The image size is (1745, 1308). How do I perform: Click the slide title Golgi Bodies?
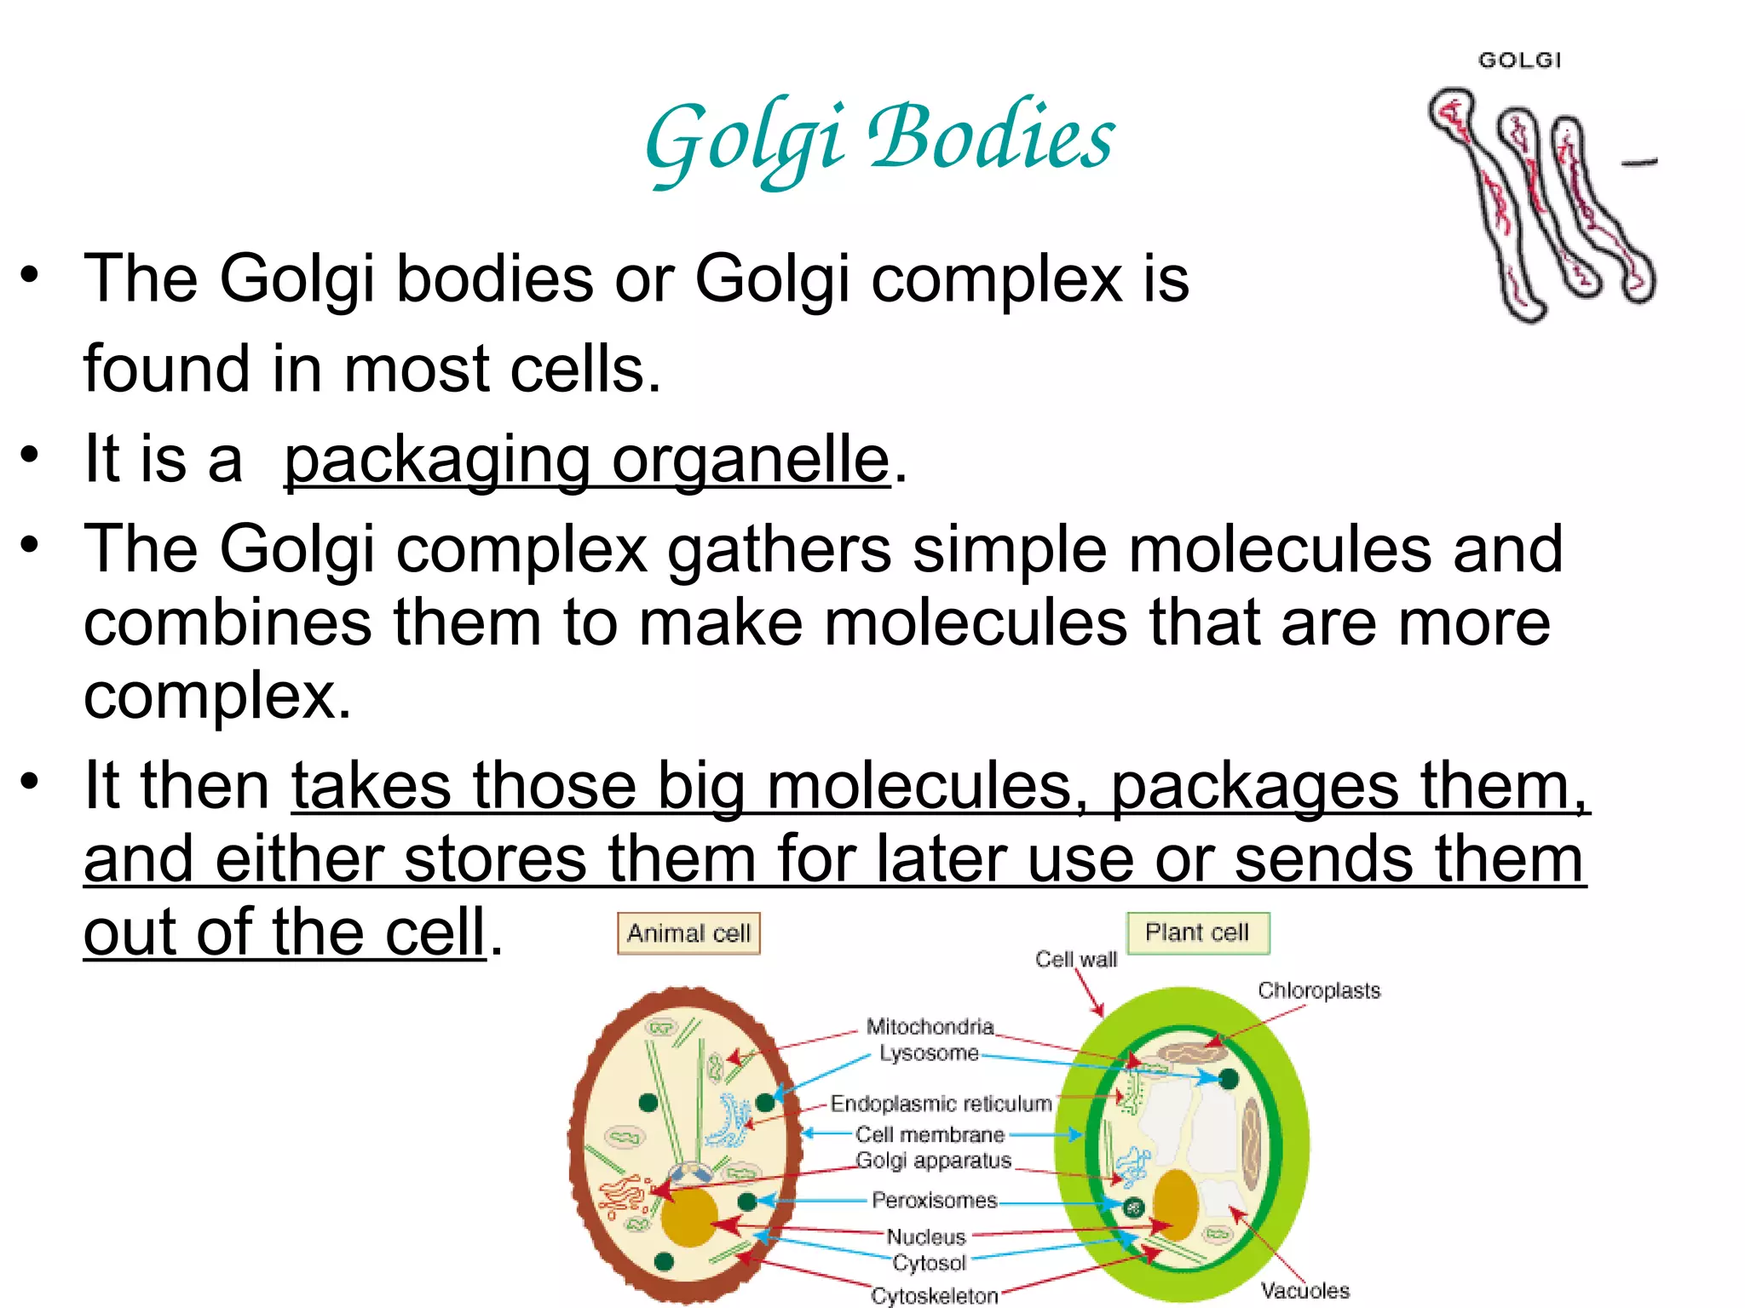[x=879, y=139]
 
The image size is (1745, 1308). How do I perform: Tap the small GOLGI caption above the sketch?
[x=1519, y=60]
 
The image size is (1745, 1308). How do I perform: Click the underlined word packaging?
[x=436, y=460]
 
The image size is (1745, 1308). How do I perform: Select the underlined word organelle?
[x=751, y=460]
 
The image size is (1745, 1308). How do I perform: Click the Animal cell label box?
[x=688, y=933]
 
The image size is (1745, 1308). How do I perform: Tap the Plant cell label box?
[x=1197, y=932]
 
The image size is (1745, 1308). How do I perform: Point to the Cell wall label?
[x=1075, y=960]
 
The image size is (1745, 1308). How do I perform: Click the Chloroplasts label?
[x=1318, y=990]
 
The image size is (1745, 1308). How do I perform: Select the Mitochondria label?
[x=930, y=1026]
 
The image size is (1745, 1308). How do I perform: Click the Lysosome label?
[x=929, y=1053]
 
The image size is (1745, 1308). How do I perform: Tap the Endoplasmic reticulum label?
[x=941, y=1104]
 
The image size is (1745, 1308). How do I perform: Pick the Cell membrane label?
[x=930, y=1134]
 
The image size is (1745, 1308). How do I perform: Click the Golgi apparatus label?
[x=933, y=1160]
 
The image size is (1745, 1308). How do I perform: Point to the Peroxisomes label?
[x=934, y=1200]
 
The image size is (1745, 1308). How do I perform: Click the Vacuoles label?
[x=1304, y=1290]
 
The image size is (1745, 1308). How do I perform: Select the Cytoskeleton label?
[x=934, y=1295]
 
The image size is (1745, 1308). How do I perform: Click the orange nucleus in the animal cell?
[x=688, y=1218]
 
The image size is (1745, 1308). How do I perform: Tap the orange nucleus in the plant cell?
[x=1175, y=1205]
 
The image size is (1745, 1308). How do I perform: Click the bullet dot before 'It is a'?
[x=31, y=454]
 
